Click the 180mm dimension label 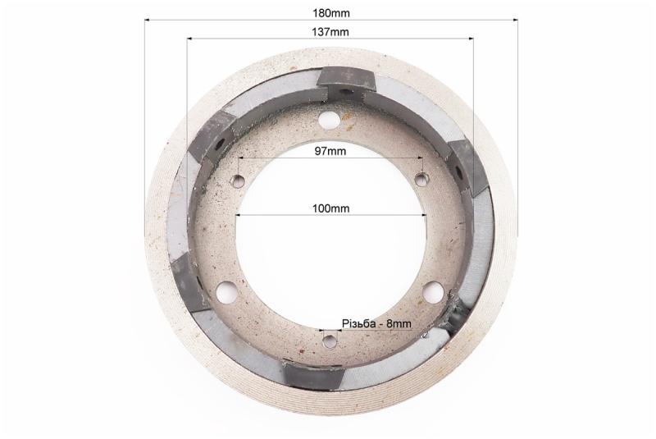coord(331,13)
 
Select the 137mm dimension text coord(330,32)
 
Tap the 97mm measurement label coord(330,151)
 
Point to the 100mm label coord(330,208)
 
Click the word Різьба coord(358,324)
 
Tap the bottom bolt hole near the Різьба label coord(330,341)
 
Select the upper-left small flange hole coord(239,181)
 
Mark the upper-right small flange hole coord(421,180)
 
